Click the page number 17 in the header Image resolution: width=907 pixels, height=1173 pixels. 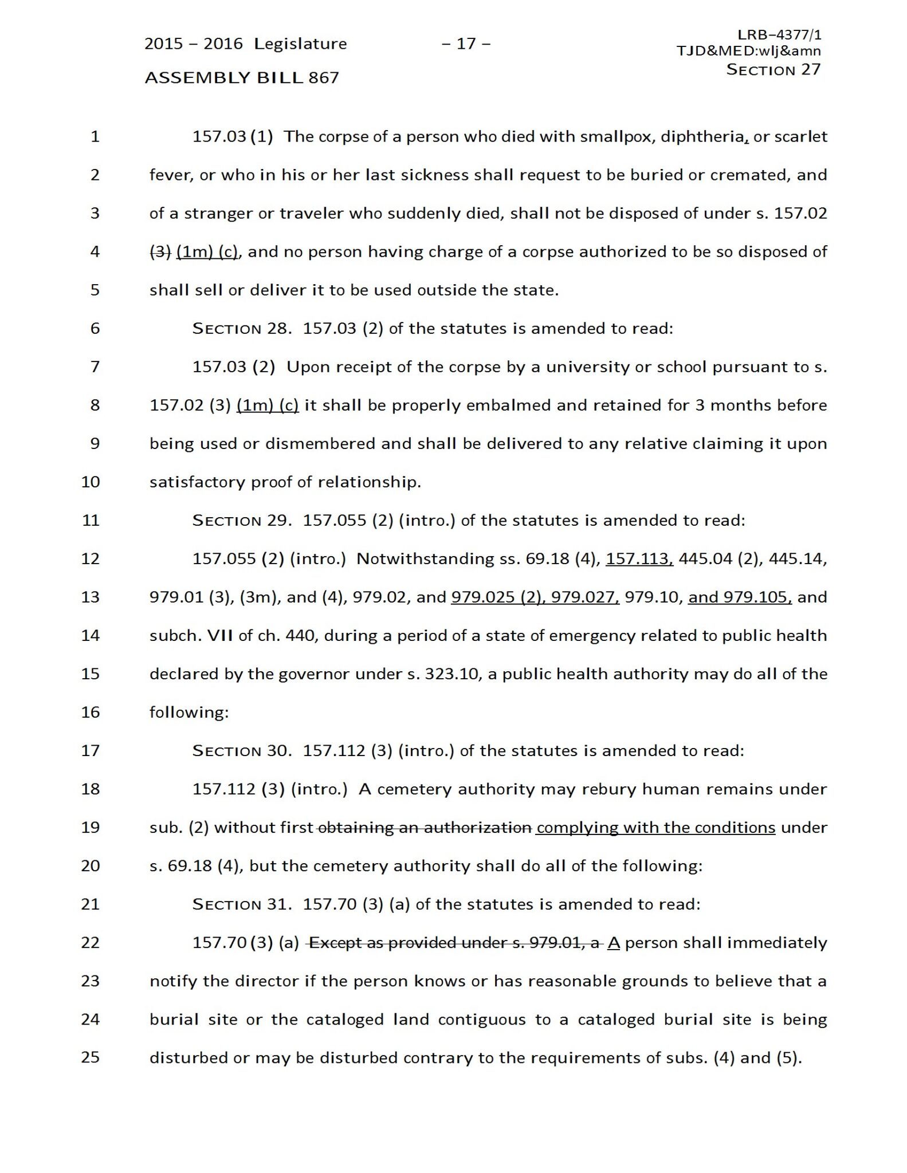pos(466,44)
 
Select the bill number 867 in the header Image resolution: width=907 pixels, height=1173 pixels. pos(324,77)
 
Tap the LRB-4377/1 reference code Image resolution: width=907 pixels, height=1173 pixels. pos(779,35)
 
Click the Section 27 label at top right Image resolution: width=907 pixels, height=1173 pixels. pos(773,69)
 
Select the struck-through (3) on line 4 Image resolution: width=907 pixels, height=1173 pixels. pos(160,251)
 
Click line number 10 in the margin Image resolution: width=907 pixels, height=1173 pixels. pos(91,482)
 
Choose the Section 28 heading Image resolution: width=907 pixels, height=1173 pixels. pos(242,329)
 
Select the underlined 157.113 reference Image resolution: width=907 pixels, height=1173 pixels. pos(639,558)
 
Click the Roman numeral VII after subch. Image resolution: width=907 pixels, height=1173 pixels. pos(219,636)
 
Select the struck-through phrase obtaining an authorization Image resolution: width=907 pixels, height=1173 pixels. pos(424,828)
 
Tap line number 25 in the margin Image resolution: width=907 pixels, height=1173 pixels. pos(91,1057)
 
